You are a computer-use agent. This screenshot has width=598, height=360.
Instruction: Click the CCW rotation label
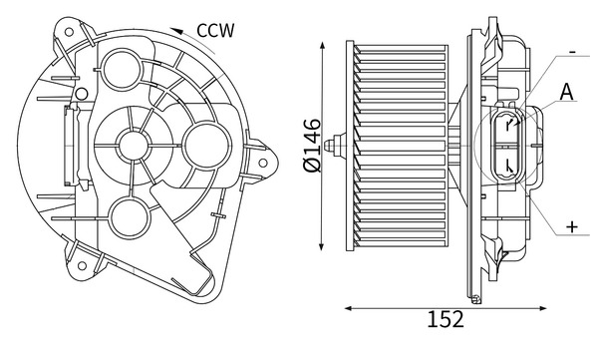[215, 31]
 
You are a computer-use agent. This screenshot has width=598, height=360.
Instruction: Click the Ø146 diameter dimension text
[312, 146]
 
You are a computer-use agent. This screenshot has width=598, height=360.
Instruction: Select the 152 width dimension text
[446, 319]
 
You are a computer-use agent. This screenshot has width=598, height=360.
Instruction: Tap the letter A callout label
[566, 92]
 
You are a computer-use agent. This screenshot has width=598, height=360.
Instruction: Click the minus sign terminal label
[572, 52]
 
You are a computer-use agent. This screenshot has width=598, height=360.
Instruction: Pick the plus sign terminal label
[572, 227]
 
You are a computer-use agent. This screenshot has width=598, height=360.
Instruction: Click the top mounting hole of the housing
[69, 32]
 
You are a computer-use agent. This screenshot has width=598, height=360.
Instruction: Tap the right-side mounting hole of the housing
[263, 163]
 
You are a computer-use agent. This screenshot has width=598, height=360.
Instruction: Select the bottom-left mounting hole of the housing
[82, 265]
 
